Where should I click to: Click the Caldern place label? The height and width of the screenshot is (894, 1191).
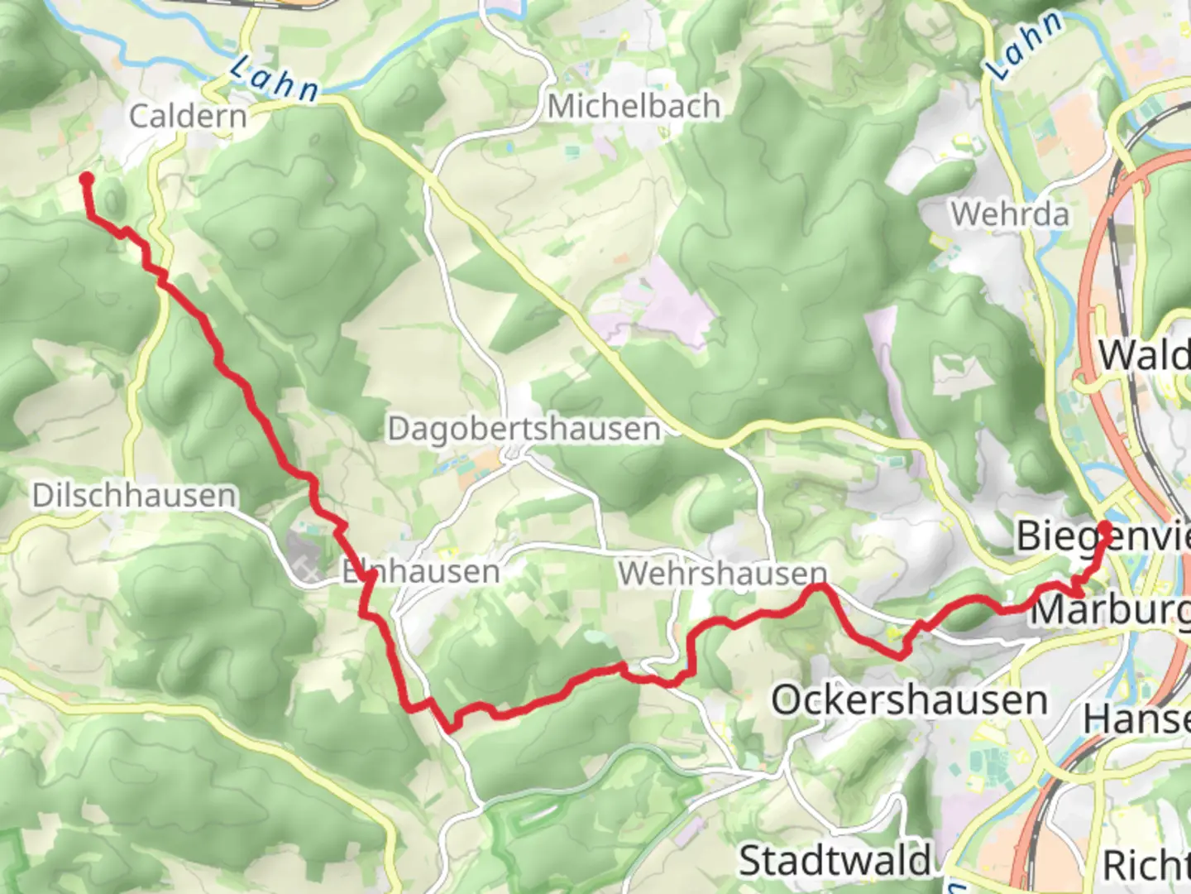(x=188, y=116)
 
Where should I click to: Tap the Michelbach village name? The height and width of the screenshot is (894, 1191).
(x=634, y=106)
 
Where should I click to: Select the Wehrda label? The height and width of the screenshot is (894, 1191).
(x=1009, y=214)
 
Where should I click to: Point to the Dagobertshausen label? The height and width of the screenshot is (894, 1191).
(x=524, y=429)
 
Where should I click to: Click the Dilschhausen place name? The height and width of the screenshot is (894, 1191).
(x=134, y=495)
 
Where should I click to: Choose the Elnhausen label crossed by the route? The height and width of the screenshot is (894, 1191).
(x=421, y=571)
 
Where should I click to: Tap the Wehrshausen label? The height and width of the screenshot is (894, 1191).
(x=722, y=573)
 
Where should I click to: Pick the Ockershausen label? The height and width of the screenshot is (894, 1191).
(x=909, y=700)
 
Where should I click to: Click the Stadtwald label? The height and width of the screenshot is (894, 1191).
(x=835, y=860)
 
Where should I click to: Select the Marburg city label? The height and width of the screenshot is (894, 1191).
(x=1109, y=612)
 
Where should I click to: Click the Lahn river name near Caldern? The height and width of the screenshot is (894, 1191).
(x=273, y=79)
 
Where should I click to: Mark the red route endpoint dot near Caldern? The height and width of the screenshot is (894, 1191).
(x=86, y=178)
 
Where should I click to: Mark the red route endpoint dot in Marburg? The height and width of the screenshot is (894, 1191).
(x=1104, y=526)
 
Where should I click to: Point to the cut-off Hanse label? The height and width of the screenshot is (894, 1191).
(x=1136, y=719)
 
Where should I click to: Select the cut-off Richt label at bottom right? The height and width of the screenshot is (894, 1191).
(x=1146, y=865)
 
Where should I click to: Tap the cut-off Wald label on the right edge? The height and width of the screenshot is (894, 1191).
(x=1144, y=356)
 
